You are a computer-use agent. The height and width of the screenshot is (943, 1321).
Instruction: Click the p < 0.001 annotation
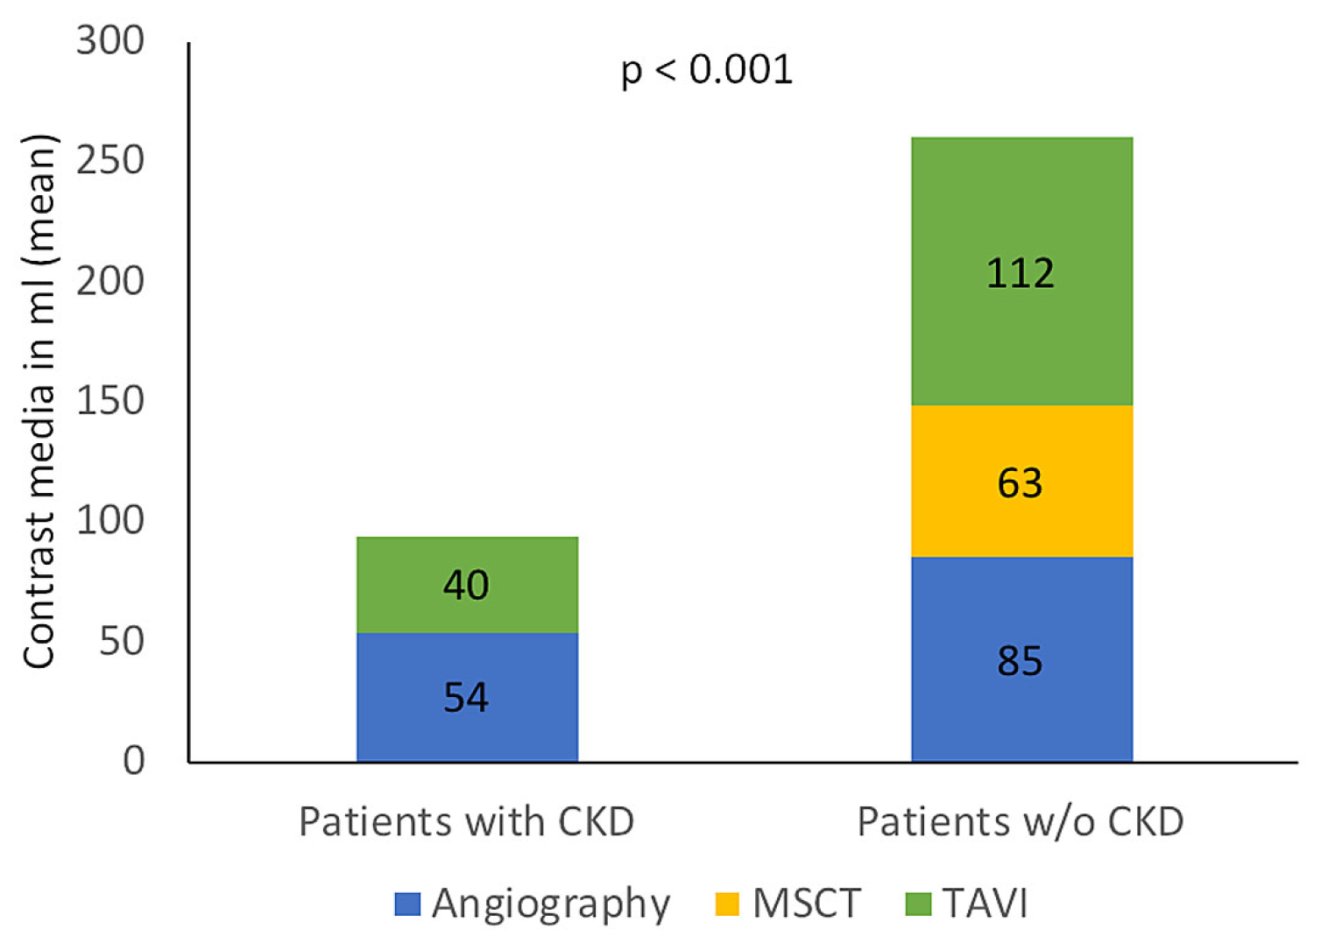(706, 70)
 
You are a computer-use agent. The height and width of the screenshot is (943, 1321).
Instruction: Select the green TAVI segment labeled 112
(1021, 271)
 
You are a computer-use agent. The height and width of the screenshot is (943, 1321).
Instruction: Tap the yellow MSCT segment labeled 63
(1021, 482)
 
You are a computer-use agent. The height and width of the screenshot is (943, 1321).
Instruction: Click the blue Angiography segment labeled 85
(1021, 659)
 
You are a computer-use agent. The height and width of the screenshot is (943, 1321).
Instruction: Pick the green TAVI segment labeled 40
(467, 584)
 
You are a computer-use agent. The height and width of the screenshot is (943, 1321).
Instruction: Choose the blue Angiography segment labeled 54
(467, 697)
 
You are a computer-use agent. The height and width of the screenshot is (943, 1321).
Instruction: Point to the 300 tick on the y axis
(110, 40)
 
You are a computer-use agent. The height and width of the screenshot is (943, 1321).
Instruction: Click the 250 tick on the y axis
(110, 160)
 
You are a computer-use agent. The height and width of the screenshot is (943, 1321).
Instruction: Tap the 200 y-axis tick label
(110, 281)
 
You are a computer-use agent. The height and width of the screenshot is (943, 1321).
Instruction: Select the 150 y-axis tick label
(110, 401)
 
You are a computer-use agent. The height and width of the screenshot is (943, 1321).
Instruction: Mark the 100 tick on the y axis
(110, 520)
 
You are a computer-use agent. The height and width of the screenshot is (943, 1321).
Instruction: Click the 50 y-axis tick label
(122, 641)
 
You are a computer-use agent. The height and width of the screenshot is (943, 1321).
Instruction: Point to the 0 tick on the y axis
(133, 760)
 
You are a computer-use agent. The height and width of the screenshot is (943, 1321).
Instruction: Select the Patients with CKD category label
(466, 821)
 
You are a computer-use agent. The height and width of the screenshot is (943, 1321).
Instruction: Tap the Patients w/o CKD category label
(1021, 821)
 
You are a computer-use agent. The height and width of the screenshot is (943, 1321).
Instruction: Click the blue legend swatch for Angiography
(407, 904)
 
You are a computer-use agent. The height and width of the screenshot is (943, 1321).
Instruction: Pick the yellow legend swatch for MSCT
(727, 904)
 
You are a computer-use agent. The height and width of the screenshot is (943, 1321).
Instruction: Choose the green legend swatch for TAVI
(917, 904)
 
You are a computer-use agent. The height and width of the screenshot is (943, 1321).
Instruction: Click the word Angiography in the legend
(551, 904)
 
